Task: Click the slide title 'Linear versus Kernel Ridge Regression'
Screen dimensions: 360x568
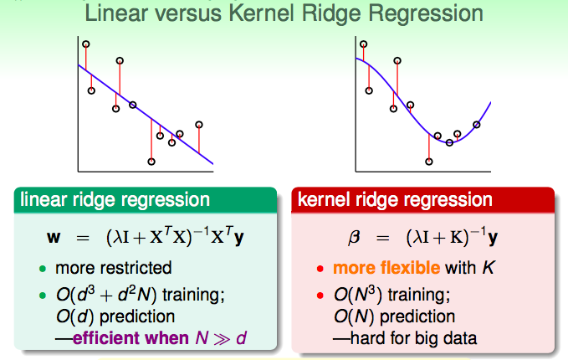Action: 285,13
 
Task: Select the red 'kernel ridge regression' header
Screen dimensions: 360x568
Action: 396,200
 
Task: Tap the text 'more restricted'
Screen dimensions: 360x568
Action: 113,269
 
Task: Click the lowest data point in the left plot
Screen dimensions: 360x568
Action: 151,161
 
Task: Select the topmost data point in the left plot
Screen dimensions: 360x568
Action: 85,44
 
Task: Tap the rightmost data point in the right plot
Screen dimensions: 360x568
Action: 477,125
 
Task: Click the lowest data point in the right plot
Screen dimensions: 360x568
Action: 429,161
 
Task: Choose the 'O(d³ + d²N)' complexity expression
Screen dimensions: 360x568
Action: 99,296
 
